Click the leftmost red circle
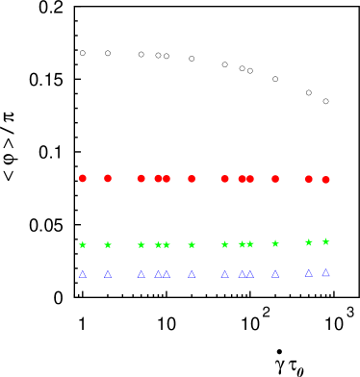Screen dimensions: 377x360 click(82, 178)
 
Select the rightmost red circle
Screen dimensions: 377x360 click(325, 180)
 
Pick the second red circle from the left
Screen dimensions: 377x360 click(107, 178)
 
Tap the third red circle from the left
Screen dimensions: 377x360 click(141, 178)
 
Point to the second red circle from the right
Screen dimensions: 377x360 click(308, 178)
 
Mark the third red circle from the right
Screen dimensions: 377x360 click(274, 178)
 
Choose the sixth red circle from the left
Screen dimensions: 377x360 click(191, 178)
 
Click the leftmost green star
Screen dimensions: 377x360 click(82, 244)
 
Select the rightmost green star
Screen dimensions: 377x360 click(325, 241)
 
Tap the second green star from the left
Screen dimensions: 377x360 click(107, 244)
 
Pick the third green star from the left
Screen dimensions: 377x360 click(141, 244)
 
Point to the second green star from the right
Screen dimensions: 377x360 click(308, 242)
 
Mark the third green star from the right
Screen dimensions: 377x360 click(274, 243)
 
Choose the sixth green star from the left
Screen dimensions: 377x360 click(191, 244)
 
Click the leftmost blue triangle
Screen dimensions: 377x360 click(82, 274)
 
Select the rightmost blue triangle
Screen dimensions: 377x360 click(325, 273)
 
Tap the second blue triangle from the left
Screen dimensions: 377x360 click(107, 274)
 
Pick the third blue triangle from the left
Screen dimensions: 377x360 click(141, 274)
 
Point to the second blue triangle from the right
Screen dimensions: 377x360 click(308, 273)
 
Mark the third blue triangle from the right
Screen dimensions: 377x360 click(274, 274)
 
